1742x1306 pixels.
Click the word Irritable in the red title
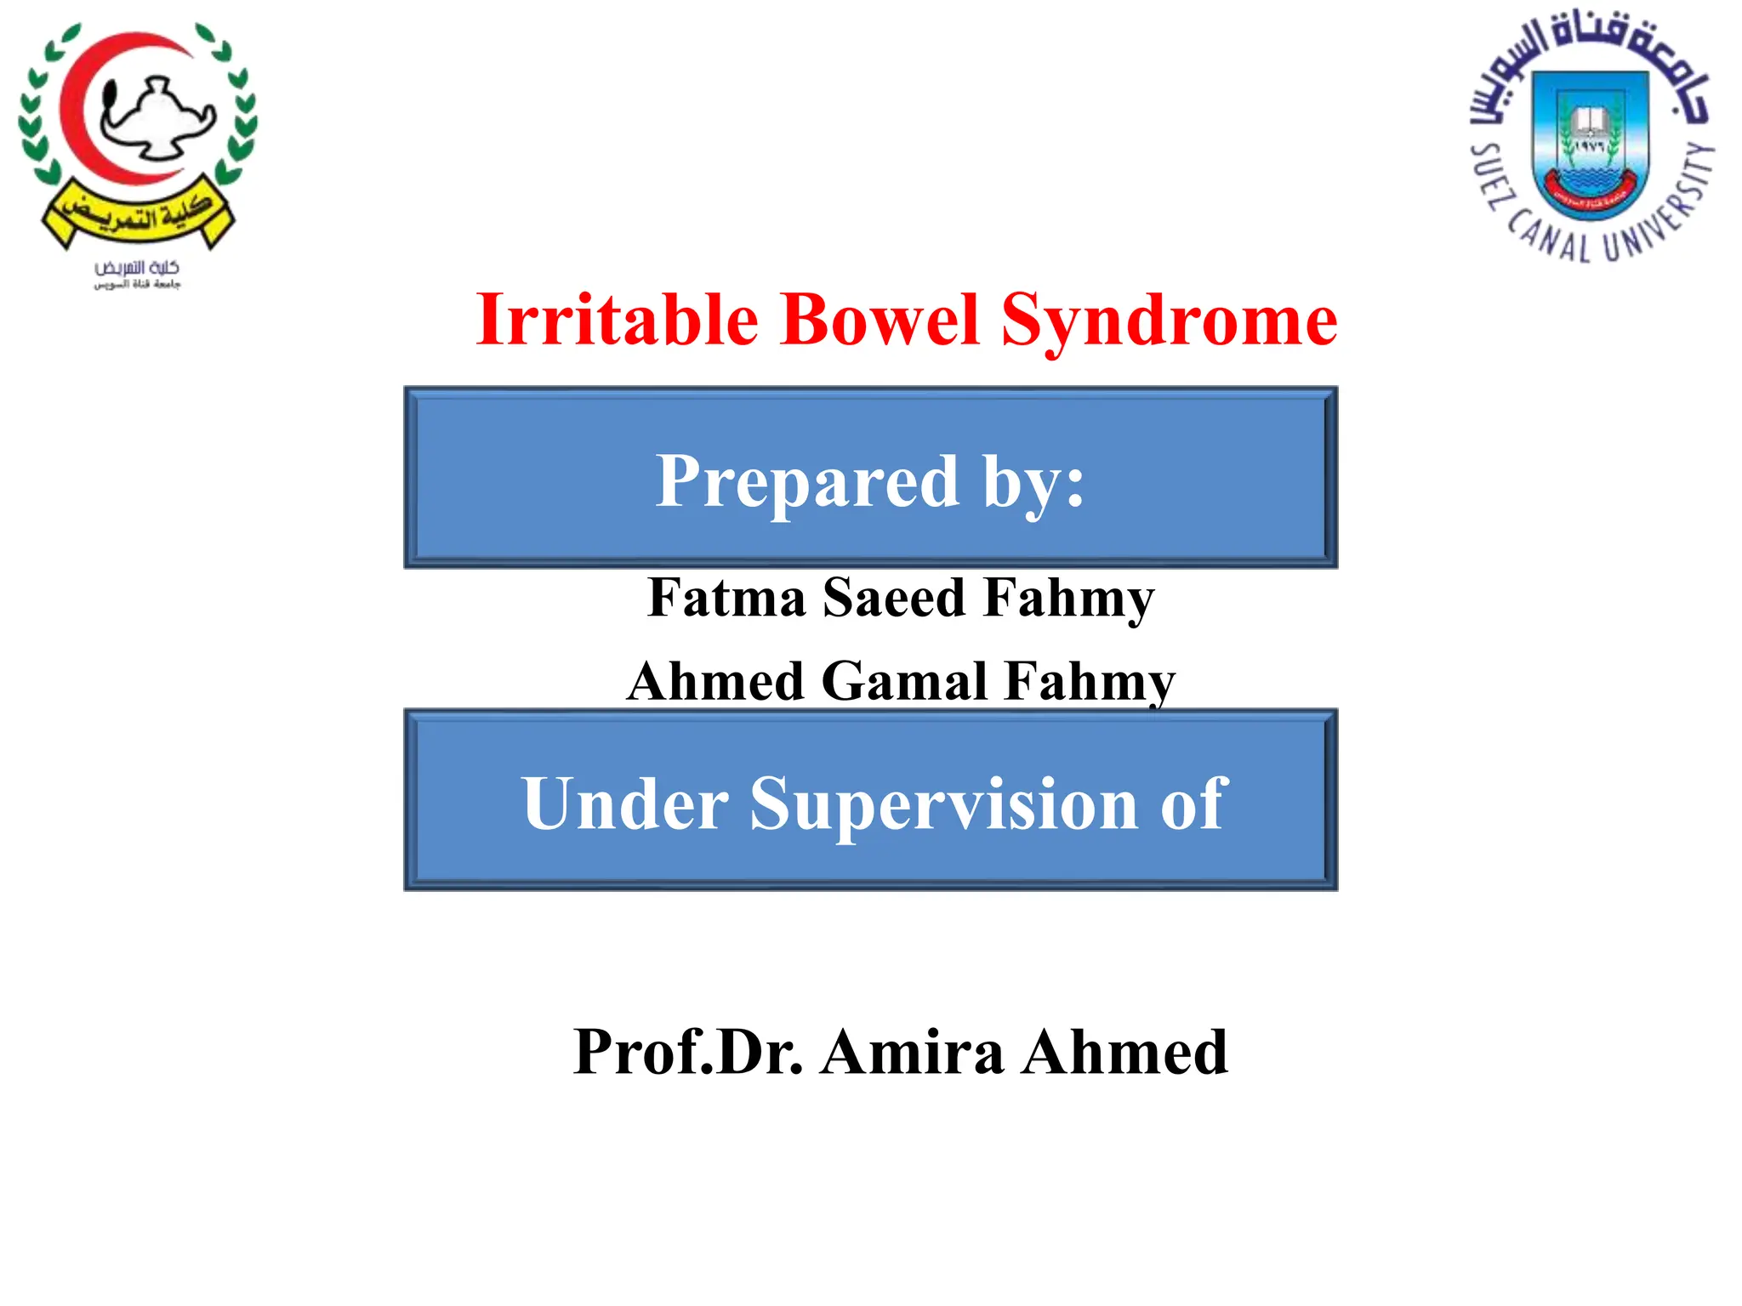coord(617,320)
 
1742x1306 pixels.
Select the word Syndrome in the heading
coord(1169,321)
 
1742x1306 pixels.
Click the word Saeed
coord(894,598)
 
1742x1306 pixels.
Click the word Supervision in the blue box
coord(943,803)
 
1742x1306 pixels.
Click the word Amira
coord(912,1053)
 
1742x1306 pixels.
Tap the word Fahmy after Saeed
coord(1068,598)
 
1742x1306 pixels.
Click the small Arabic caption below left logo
coord(137,275)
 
